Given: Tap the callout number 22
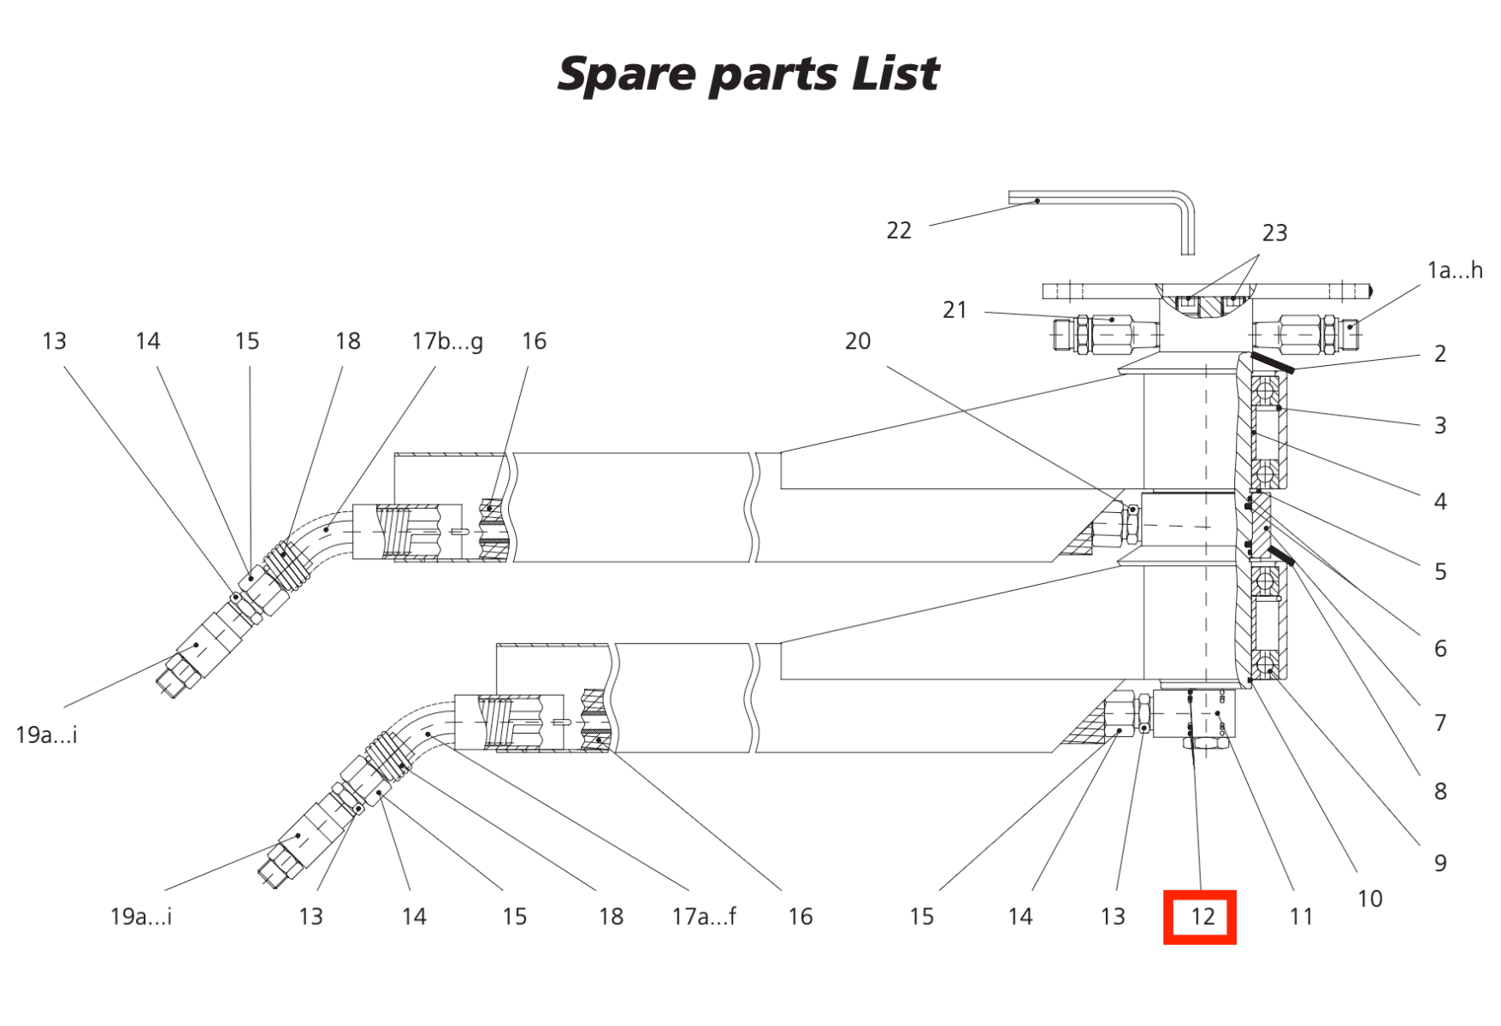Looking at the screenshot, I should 898,231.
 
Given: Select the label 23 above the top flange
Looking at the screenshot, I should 1273,233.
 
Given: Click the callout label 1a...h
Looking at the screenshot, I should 1454,271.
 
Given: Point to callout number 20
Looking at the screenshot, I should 857,341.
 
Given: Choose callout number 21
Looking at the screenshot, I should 954,310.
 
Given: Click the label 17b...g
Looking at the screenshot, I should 446,342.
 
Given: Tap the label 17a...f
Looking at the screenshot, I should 703,917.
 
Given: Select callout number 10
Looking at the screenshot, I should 1369,899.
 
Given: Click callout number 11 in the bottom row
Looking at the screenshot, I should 1300,917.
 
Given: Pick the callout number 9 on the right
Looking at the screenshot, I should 1440,864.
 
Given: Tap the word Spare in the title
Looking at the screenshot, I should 627,75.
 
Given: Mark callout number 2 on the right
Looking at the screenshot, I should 1440,354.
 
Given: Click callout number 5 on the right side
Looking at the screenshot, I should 1440,572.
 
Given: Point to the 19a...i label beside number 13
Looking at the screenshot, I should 141,917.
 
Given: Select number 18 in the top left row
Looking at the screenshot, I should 347,342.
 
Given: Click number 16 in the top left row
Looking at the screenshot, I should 534,342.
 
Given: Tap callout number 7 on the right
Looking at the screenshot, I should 1440,723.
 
